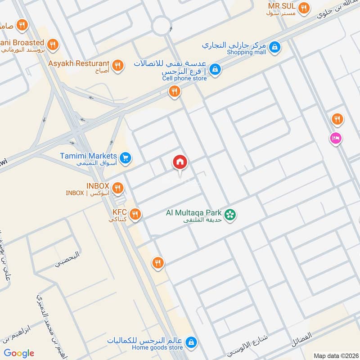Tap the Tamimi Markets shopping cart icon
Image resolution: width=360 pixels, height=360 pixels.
[126, 157]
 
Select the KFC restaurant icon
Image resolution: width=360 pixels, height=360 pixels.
[135, 213]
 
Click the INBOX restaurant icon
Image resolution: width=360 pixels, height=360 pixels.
[117, 187]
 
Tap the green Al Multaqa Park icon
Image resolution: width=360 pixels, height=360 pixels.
[230, 215]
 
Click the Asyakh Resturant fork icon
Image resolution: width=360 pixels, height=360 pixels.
[117, 66]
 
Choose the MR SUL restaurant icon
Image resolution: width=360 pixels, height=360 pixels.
[304, 8]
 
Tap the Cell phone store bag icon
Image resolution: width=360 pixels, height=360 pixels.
[216, 69]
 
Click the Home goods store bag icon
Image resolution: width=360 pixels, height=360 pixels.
[191, 342]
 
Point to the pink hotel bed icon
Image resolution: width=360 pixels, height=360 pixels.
[336, 138]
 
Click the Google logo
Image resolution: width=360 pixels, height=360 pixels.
[19, 353]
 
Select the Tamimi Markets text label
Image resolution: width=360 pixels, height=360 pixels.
[88, 156]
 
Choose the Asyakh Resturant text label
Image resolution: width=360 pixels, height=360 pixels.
[79, 63]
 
